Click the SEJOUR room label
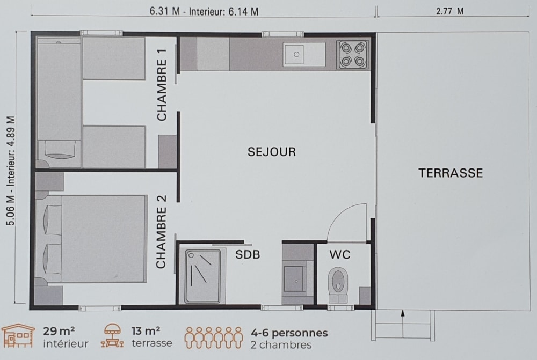click(272, 152)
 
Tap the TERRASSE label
click(451, 173)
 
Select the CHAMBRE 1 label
click(162, 85)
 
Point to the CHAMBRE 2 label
click(161, 232)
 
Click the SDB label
click(248, 255)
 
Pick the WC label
click(340, 255)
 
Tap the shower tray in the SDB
click(203, 276)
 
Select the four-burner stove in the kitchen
click(353, 55)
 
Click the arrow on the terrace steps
click(403, 325)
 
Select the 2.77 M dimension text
click(450, 11)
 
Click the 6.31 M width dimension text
click(165, 11)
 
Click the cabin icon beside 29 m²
click(18, 336)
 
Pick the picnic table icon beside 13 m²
click(112, 336)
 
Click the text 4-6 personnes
click(289, 333)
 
